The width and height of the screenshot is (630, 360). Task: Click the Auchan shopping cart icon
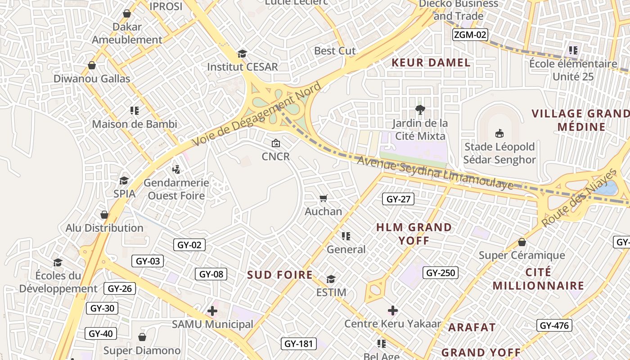(323, 198)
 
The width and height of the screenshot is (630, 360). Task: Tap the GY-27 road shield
(398, 199)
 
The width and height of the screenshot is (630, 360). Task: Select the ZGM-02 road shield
(470, 35)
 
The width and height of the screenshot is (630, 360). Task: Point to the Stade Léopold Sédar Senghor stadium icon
(499, 133)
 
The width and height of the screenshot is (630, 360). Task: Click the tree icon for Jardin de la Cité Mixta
(420, 109)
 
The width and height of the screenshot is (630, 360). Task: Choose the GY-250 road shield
(441, 272)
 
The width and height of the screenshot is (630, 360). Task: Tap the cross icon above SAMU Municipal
(212, 310)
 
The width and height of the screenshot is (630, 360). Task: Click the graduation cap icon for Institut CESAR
(242, 54)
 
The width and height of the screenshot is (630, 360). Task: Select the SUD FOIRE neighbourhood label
(280, 275)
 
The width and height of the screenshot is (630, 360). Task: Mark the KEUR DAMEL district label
(431, 63)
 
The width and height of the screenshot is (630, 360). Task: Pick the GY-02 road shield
(189, 245)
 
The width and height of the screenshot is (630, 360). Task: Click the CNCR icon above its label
(276, 144)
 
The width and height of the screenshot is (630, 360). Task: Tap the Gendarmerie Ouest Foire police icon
(176, 169)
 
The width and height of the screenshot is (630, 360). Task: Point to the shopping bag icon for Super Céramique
(522, 242)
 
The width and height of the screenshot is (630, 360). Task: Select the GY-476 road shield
(554, 325)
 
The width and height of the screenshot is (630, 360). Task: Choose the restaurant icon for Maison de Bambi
(134, 110)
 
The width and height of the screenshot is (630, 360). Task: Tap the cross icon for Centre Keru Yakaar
(393, 310)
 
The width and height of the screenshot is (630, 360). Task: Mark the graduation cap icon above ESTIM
(331, 279)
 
